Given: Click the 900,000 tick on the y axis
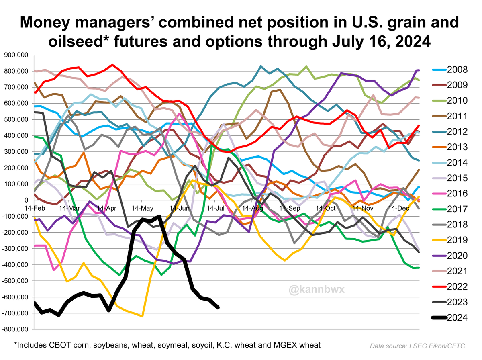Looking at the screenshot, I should [x=16, y=55].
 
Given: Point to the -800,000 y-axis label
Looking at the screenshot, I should [x=16, y=329].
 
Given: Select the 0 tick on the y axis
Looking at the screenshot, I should [x=27, y=200].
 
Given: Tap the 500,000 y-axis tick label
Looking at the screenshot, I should [x=16, y=119].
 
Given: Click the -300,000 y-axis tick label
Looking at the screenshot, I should [x=16, y=248].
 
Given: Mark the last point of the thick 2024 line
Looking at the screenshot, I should [x=218, y=307].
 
